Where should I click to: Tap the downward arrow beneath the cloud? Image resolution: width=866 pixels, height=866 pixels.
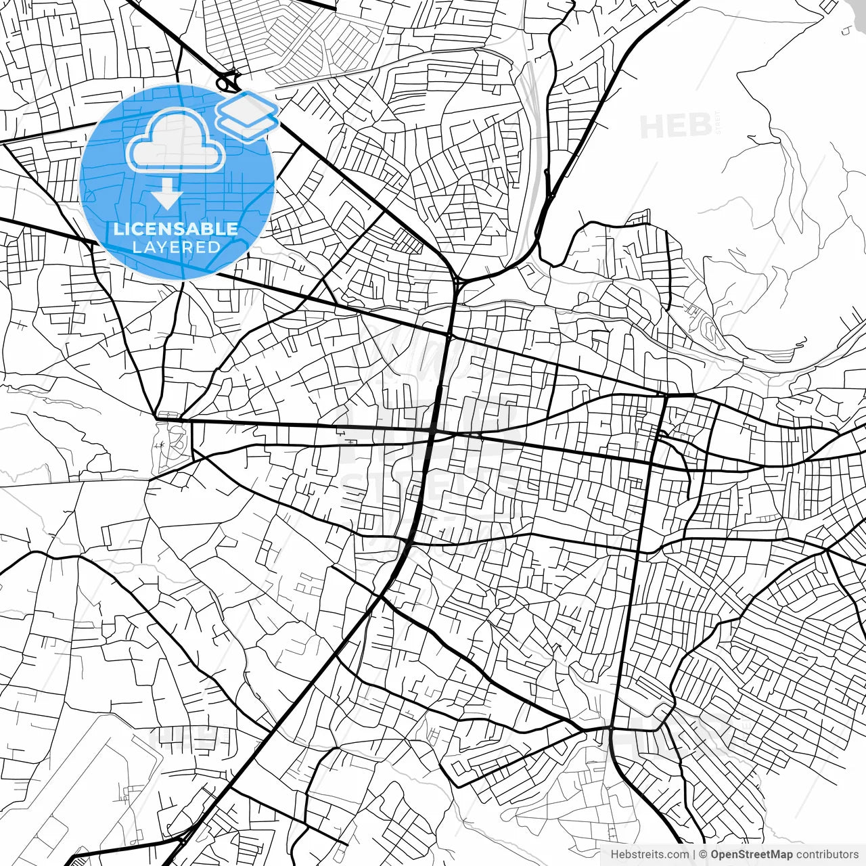click(166, 196)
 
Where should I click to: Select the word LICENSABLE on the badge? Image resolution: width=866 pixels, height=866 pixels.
click(176, 229)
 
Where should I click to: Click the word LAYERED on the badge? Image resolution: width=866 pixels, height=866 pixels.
click(176, 247)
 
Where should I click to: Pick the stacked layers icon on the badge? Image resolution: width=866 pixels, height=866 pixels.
click(247, 115)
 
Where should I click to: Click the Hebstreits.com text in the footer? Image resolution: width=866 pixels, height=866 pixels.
click(649, 854)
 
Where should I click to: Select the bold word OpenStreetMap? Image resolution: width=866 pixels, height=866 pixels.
click(751, 854)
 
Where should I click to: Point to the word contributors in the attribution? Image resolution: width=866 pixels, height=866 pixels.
click(827, 854)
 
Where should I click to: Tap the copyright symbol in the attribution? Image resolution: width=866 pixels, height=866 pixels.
click(704, 854)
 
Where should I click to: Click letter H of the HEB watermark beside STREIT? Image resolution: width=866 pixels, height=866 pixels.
click(651, 127)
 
